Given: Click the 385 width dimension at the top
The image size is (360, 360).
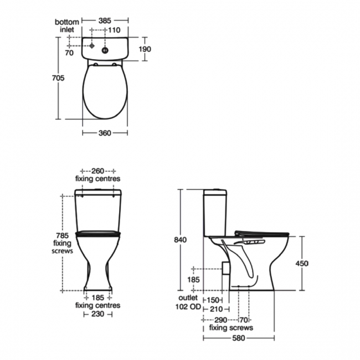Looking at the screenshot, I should click(x=105, y=20).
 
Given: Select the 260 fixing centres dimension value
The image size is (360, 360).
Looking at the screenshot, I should click(x=98, y=171).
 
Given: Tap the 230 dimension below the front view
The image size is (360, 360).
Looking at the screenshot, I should click(x=97, y=314).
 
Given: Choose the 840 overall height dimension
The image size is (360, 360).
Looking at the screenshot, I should click(x=181, y=240).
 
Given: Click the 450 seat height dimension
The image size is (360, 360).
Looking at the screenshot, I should click(x=301, y=263).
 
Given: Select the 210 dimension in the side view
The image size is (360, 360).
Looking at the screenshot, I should click(x=215, y=309).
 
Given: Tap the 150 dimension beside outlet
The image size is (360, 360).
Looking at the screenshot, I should click(x=213, y=300).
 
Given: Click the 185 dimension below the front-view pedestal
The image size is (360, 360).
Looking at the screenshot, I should click(x=98, y=297).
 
